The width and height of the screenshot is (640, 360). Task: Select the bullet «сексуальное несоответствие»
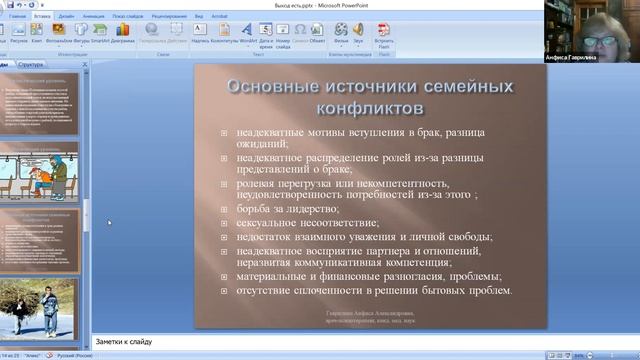pyautogui.click(x=307, y=223)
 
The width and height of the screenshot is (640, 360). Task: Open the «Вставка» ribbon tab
pyautogui.click(x=42, y=17)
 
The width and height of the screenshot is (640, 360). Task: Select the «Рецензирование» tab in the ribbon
pyautogui.click(x=184, y=17)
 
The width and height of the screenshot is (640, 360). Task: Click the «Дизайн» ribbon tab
pyautogui.click(x=66, y=17)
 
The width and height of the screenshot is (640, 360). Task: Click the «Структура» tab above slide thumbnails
pyautogui.click(x=30, y=63)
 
